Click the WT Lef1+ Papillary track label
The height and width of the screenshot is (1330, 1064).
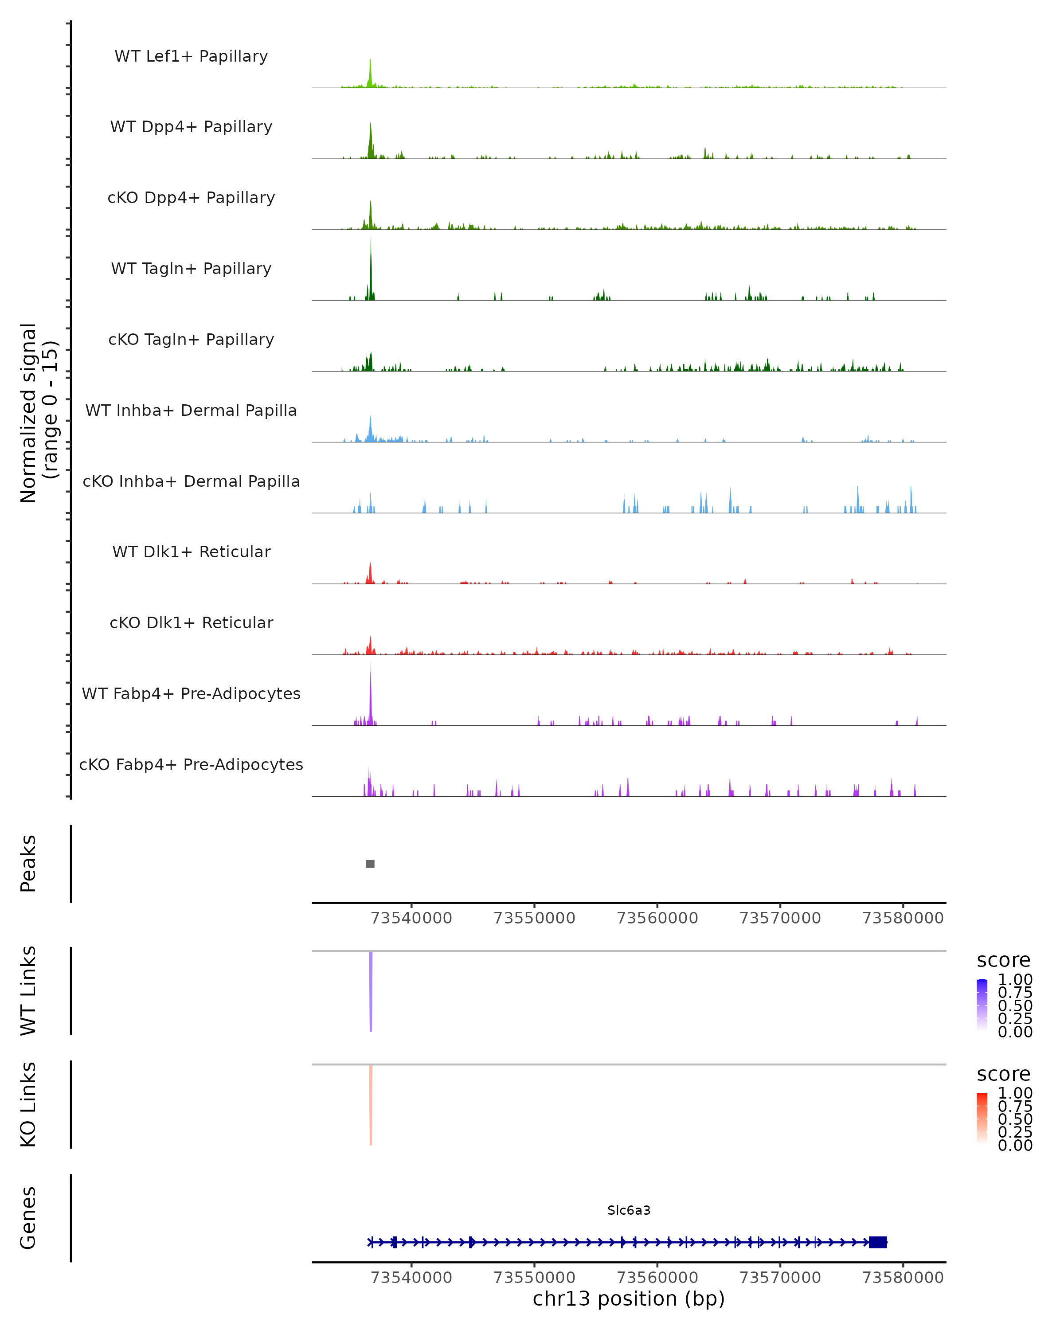[x=191, y=56]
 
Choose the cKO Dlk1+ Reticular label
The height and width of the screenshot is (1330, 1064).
[x=191, y=622]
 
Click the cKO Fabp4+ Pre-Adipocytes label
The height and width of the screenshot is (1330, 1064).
[x=191, y=764]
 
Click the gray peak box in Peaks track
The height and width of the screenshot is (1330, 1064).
[x=370, y=864]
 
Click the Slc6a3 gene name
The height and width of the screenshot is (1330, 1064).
[x=629, y=1210]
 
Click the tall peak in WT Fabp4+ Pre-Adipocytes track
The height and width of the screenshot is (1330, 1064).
[x=371, y=691]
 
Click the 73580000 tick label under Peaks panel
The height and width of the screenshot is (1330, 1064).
[x=902, y=918]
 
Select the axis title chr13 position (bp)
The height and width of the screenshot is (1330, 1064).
[x=629, y=1299]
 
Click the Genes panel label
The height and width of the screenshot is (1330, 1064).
[x=28, y=1218]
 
